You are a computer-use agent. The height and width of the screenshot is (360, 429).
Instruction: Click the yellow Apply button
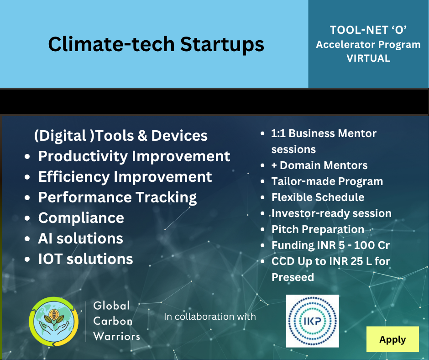click(x=392, y=339)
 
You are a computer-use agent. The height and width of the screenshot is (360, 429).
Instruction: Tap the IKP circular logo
click(x=313, y=321)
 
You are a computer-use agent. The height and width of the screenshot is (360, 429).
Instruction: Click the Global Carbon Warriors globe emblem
click(x=54, y=321)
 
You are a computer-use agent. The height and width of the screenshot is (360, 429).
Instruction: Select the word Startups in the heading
click(x=222, y=44)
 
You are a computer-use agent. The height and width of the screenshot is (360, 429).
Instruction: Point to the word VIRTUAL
click(x=368, y=58)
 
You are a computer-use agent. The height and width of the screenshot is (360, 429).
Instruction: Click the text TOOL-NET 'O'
click(x=368, y=30)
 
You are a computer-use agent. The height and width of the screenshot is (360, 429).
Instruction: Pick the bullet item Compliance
click(x=81, y=218)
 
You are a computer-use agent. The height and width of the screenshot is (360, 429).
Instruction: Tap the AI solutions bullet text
click(x=80, y=238)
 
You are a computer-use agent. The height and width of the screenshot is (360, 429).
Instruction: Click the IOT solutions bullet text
click(x=85, y=259)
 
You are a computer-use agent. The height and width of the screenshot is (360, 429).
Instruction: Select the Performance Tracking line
click(x=117, y=197)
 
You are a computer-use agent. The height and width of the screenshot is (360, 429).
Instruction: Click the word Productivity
click(x=83, y=156)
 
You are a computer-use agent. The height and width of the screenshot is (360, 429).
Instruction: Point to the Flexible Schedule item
click(x=318, y=197)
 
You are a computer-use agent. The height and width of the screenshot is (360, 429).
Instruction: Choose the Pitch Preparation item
click(x=318, y=230)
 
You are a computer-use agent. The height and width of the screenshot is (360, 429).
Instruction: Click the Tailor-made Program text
click(x=327, y=181)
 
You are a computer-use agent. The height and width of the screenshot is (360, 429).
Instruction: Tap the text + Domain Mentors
click(x=319, y=165)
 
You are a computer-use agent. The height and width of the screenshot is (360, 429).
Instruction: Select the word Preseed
click(x=293, y=277)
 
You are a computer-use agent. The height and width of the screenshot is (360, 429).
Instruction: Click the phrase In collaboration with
click(x=210, y=317)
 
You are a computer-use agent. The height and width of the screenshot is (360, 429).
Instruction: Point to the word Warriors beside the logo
click(x=116, y=336)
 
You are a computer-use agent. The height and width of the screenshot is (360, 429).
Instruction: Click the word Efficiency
click(x=74, y=177)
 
